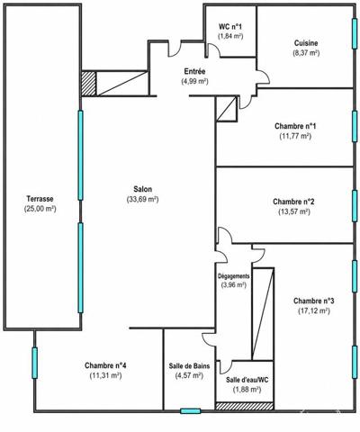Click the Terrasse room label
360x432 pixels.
(x=40, y=199)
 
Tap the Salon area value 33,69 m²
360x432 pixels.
(x=142, y=199)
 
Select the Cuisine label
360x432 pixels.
(x=306, y=43)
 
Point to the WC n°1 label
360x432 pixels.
(x=230, y=26)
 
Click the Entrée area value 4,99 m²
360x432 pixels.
(x=194, y=81)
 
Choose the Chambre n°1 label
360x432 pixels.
(x=295, y=126)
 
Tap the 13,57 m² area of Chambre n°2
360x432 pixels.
(x=294, y=211)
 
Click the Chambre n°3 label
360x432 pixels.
(x=314, y=301)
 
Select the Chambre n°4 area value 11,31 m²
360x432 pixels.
(x=105, y=375)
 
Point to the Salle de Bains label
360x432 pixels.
(x=189, y=366)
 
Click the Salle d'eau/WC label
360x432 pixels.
(x=247, y=380)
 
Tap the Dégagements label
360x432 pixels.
(x=233, y=276)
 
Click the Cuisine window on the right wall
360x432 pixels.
(x=355, y=33)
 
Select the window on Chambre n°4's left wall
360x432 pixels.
(x=35, y=363)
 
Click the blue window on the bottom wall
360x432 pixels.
(x=191, y=411)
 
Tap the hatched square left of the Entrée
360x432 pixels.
(x=89, y=84)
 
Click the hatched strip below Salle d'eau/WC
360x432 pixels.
(x=245, y=406)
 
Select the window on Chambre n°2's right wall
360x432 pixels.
(x=355, y=206)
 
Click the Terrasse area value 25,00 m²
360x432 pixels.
(x=40, y=209)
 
